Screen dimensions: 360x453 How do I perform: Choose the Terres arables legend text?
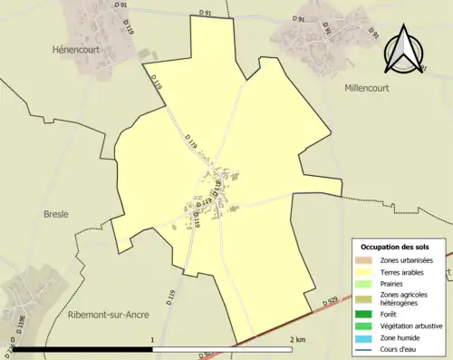[x=408, y=271]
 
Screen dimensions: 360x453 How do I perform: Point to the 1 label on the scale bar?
[x=152, y=339]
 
